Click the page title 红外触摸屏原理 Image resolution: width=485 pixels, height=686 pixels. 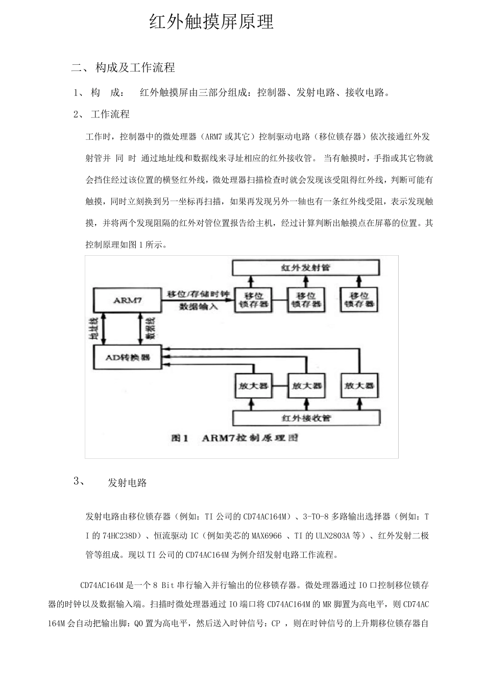(211, 22)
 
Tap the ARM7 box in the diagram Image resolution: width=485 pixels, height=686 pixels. (127, 300)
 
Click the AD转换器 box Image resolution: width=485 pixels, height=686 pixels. (127, 357)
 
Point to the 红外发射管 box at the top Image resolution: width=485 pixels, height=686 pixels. (306, 267)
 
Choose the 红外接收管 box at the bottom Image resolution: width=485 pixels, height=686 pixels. (306, 418)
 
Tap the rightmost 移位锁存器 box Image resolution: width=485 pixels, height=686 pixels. (359, 300)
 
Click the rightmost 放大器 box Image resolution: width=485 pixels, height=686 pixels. (359, 386)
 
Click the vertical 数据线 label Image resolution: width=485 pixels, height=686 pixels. (151, 329)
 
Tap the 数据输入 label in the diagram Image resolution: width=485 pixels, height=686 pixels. (198, 307)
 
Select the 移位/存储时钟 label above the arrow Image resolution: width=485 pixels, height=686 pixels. (199, 293)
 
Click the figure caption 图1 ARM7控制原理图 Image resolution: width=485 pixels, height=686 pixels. (235, 438)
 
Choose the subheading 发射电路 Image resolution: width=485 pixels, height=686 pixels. (127, 483)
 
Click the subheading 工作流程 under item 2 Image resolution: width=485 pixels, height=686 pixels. (110, 114)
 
